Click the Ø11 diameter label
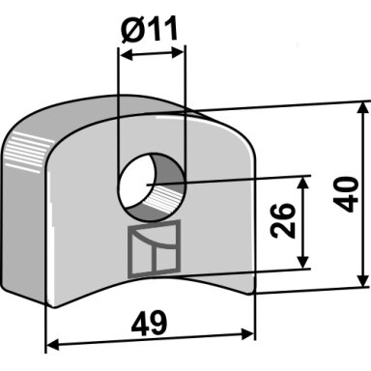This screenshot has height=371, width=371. (150, 30)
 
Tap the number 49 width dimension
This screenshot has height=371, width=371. (149, 323)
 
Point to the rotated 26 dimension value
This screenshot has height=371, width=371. (283, 220)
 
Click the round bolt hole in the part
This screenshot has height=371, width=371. (152, 186)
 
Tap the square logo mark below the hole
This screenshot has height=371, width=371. (154, 249)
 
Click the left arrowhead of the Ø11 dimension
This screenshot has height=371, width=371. (127, 55)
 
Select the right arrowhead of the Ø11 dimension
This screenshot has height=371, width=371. (179, 51)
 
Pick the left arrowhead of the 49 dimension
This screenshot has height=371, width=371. (53, 346)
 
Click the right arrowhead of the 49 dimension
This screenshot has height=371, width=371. (247, 334)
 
